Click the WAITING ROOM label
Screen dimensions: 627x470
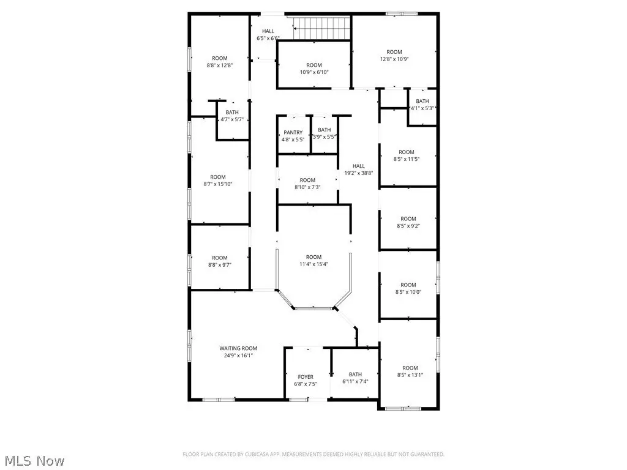[238, 348]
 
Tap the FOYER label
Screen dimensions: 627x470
[306, 377]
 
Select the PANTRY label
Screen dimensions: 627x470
[293, 133]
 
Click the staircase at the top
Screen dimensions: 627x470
[322, 28]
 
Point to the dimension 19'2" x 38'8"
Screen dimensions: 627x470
[359, 173]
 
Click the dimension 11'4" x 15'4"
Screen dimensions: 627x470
[314, 264]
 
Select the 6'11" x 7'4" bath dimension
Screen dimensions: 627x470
[355, 382]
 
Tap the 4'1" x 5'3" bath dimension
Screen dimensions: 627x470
[422, 108]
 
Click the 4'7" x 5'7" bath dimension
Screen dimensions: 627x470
[232, 119]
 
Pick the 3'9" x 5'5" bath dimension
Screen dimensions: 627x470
[325, 137]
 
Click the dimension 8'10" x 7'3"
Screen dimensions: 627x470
[307, 187]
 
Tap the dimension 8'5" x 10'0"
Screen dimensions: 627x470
[408, 292]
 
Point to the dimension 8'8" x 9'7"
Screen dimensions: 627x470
[220, 265]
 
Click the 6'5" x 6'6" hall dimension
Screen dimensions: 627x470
[268, 39]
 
